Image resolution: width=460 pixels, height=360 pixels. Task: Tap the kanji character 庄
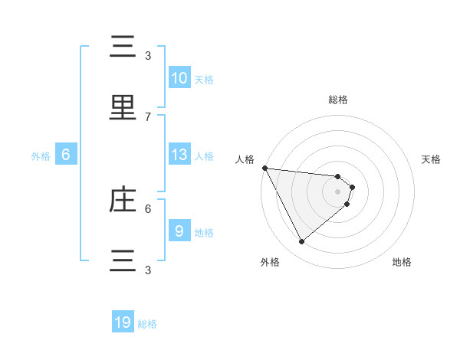tap(123, 200)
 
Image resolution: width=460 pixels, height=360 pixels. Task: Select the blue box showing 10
tap(179, 78)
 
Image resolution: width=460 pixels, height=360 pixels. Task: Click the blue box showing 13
tap(179, 155)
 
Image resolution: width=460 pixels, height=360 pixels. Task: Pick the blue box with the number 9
tap(179, 231)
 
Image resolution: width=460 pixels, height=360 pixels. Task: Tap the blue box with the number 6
tap(66, 155)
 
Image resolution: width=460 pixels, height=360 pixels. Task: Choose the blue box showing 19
tap(123, 322)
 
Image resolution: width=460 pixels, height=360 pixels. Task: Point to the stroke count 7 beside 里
tap(148, 116)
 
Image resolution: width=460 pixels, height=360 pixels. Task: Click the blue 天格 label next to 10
tap(204, 79)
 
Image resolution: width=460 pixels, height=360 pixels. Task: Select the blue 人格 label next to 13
tap(204, 155)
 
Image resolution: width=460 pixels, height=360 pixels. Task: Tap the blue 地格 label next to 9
tap(204, 232)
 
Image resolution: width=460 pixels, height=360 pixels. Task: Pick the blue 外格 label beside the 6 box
tap(41, 155)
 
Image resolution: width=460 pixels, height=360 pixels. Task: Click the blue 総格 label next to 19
tap(147, 324)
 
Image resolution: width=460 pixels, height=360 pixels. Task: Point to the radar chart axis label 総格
tap(338, 100)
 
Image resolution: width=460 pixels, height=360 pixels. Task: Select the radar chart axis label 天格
tap(432, 159)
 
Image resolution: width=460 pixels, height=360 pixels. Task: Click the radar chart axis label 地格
tap(402, 262)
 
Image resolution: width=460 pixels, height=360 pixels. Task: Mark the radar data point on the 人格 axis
tap(264, 168)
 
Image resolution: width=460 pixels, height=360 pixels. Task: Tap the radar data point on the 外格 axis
tap(301, 242)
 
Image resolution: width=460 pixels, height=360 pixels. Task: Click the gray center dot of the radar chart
tap(338, 191)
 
